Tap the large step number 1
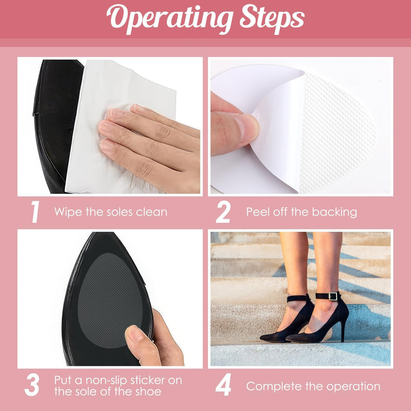pos(35,212)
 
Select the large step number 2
pos(223,212)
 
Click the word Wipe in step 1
pos(67,212)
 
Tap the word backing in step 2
pos(334,212)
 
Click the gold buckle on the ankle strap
pos(333,296)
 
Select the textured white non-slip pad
pos(334,134)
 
